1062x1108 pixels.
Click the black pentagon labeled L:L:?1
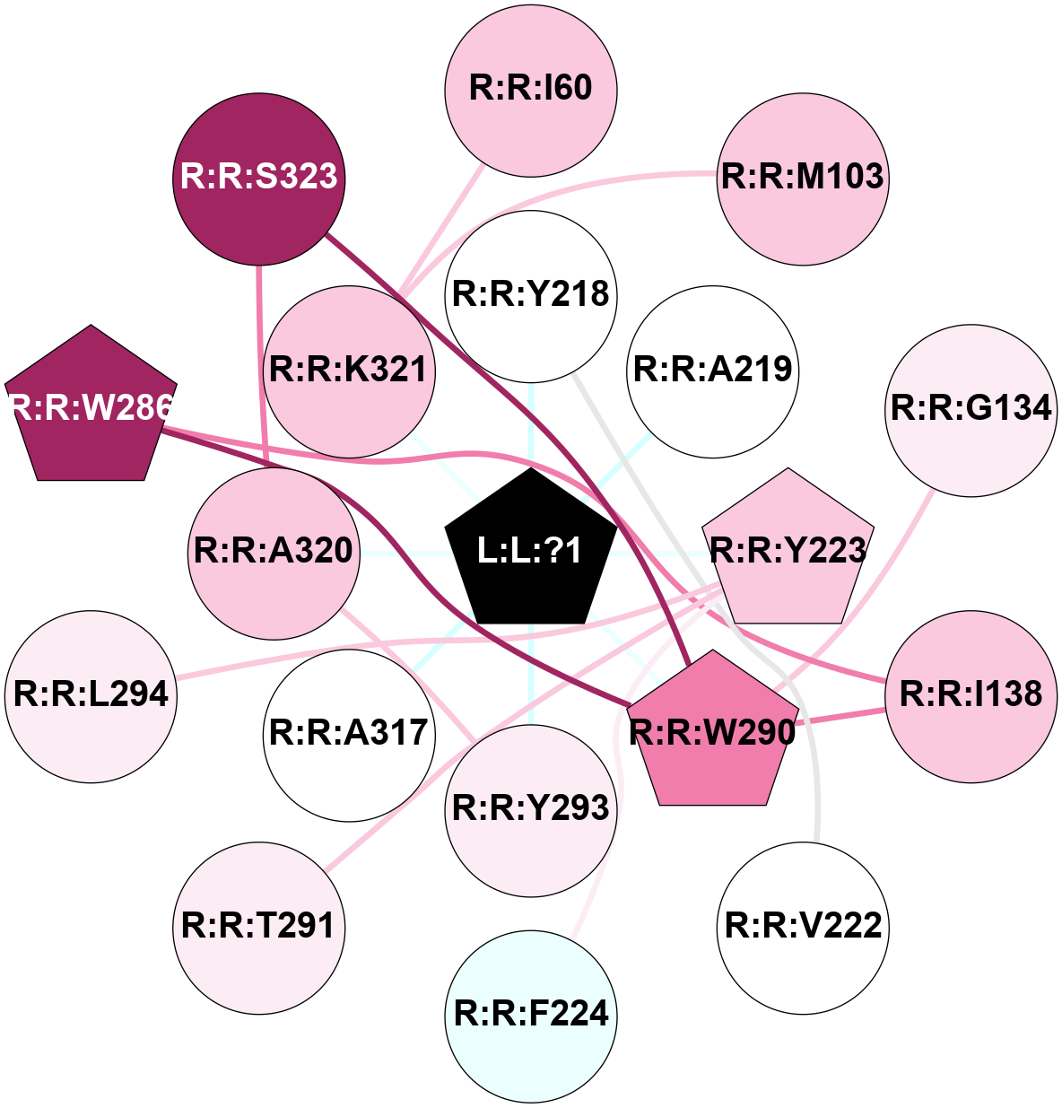click(531, 550)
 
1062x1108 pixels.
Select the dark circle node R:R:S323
click(259, 178)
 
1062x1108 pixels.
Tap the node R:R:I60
click(531, 88)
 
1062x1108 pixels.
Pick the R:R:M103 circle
click(803, 178)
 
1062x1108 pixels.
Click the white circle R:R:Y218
click(531, 295)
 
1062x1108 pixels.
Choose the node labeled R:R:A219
click(713, 370)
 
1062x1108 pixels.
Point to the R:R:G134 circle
click(971, 409)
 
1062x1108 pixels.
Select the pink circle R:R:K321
click(349, 371)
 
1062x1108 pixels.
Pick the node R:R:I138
click(971, 695)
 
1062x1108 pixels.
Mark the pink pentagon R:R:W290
click(713, 733)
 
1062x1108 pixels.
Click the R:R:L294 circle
click(91, 695)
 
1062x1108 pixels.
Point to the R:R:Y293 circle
click(531, 808)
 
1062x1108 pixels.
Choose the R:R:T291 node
click(259, 927)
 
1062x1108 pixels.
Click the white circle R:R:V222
click(803, 927)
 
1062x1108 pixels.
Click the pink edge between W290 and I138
click(840, 717)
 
